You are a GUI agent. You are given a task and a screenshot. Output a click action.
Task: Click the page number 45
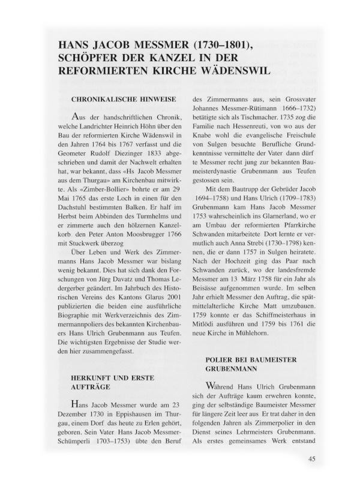click(311, 460)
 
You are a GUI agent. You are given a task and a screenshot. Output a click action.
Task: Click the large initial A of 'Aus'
click(74, 115)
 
